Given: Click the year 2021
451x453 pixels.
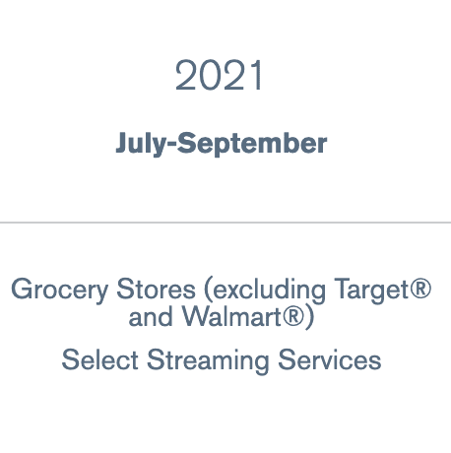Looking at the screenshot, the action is click(x=219, y=75).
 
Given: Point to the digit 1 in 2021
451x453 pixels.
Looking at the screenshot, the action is click(x=257, y=75).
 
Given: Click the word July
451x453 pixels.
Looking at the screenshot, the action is click(x=142, y=144).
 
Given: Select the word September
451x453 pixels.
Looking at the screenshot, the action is click(x=252, y=144).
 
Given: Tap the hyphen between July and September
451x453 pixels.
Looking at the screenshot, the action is click(x=172, y=145).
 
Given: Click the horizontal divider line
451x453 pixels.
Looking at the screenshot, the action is click(x=225, y=223).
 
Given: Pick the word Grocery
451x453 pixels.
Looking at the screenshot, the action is click(x=60, y=290).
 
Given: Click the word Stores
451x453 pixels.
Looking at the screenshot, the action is click(x=156, y=289).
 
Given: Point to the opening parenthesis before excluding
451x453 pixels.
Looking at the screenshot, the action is click(x=208, y=291).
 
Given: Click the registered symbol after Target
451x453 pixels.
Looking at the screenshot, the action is click(x=420, y=289).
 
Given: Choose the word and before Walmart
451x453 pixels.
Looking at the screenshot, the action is click(x=151, y=316).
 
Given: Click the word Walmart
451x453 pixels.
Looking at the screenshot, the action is click(x=231, y=316).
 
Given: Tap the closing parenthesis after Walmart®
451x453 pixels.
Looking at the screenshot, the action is click(x=309, y=317).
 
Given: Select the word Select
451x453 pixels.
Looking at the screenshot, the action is click(x=99, y=359).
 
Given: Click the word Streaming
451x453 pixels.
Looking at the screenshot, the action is click(x=208, y=361).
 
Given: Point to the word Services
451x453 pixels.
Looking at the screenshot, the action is click(x=330, y=359).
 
